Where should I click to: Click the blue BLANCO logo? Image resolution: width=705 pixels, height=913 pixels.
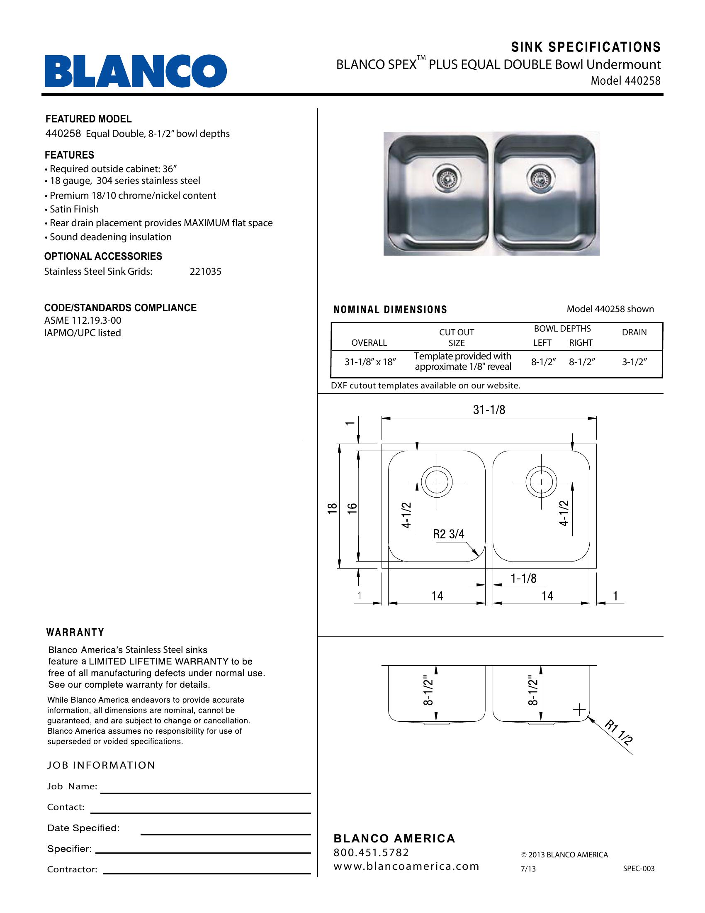[136, 71]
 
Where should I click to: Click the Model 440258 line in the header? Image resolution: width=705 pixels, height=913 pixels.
[625, 81]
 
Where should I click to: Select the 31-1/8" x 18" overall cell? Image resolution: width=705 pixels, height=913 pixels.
[370, 362]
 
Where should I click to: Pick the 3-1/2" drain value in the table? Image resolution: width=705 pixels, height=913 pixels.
[634, 362]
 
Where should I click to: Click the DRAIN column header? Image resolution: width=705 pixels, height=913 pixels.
[634, 332]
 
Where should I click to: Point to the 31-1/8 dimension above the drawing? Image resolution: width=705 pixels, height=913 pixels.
[489, 410]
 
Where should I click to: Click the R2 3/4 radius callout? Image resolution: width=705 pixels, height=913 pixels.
[449, 534]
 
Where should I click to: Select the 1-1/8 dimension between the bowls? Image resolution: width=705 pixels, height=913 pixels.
[523, 578]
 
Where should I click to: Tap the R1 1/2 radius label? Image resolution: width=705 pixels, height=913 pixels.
[619, 733]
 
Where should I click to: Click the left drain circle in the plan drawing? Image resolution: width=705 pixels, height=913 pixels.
[437, 482]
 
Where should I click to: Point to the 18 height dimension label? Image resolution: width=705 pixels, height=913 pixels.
[333, 508]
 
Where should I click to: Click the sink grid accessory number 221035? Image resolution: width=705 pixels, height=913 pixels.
[205, 272]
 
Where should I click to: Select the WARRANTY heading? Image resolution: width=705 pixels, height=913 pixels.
[75, 632]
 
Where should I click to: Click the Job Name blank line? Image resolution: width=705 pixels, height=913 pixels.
[205, 792]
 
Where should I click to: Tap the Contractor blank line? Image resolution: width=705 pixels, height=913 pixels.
[207, 873]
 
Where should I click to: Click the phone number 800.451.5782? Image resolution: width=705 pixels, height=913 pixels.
[371, 852]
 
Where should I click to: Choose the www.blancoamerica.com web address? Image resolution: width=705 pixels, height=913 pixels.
[406, 866]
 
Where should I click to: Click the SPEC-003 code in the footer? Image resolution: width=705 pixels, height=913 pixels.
[639, 869]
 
